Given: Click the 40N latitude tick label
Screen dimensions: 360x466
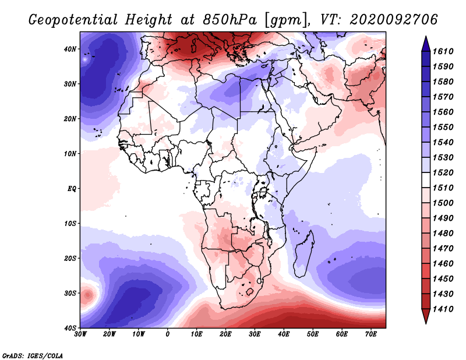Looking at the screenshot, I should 70,49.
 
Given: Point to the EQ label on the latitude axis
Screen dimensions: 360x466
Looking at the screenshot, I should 72,189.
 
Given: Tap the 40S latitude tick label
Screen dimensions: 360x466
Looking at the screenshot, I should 70,328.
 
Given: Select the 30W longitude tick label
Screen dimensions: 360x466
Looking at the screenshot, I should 80,334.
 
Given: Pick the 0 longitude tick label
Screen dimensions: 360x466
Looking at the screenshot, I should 168,334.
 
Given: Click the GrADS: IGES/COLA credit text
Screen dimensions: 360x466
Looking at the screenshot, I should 33,354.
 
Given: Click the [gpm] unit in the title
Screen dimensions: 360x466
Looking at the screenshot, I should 284,20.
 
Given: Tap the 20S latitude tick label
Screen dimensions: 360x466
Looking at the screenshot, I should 70,258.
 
